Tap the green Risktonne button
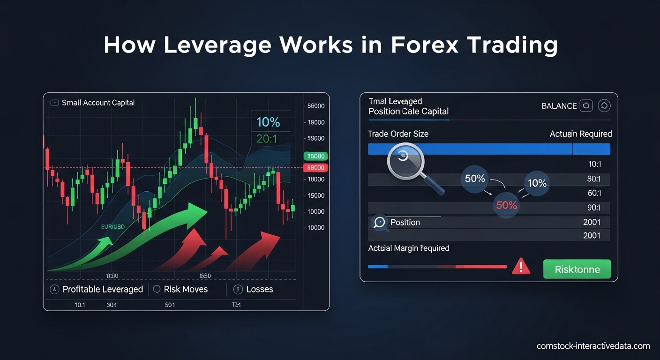pyautogui.click(x=577, y=270)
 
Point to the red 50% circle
pyautogui.click(x=506, y=205)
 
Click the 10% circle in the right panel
pyautogui.click(x=537, y=183)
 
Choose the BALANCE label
pyautogui.click(x=559, y=106)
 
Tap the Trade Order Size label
pyautogui.click(x=398, y=134)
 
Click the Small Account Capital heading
pyautogui.click(x=98, y=103)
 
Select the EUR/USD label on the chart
pyautogui.click(x=112, y=227)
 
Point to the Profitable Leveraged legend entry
pyautogui.click(x=103, y=289)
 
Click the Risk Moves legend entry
pyautogui.click(x=186, y=289)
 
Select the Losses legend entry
pyautogui.click(x=259, y=289)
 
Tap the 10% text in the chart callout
pyautogui.click(x=268, y=122)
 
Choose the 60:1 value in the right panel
pyautogui.click(x=594, y=193)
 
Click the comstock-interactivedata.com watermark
pyautogui.click(x=593, y=346)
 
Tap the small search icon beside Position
pyautogui.click(x=380, y=223)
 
